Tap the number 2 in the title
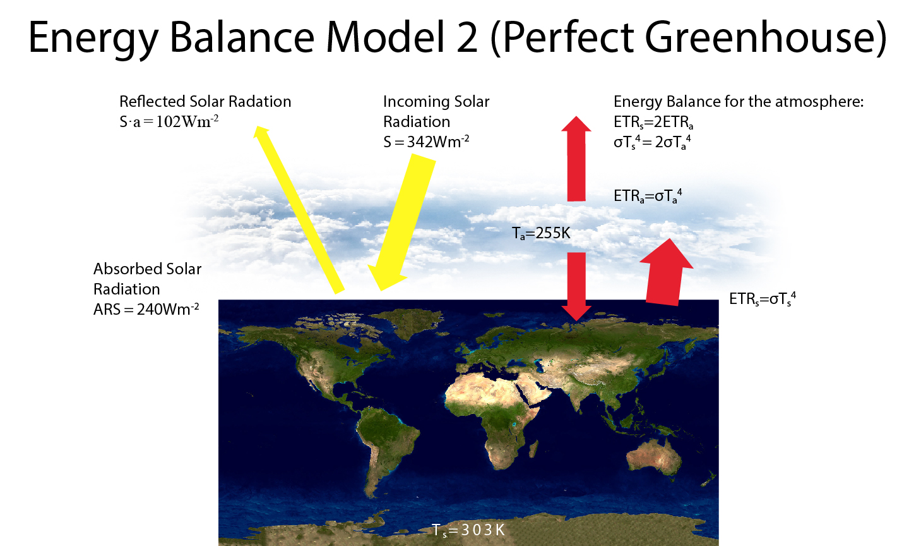pyautogui.click(x=467, y=38)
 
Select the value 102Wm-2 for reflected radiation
pyautogui.click(x=187, y=121)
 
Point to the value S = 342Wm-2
pyautogui.click(x=426, y=142)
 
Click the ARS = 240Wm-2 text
pyautogui.click(x=146, y=309)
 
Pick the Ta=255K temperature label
pyautogui.click(x=541, y=233)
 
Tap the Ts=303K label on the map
pyautogui.click(x=468, y=530)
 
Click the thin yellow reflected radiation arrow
pyautogui.click(x=299, y=210)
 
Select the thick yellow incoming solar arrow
pyautogui.click(x=401, y=222)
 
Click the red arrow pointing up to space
pyautogui.click(x=576, y=159)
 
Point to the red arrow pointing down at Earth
pyautogui.click(x=576, y=286)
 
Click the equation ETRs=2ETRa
pyautogui.click(x=653, y=122)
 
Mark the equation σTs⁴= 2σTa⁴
pyautogui.click(x=652, y=142)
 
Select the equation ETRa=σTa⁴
pyautogui.click(x=648, y=196)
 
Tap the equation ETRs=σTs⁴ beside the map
pyautogui.click(x=763, y=299)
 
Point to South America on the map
pyautogui.click(x=386, y=447)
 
